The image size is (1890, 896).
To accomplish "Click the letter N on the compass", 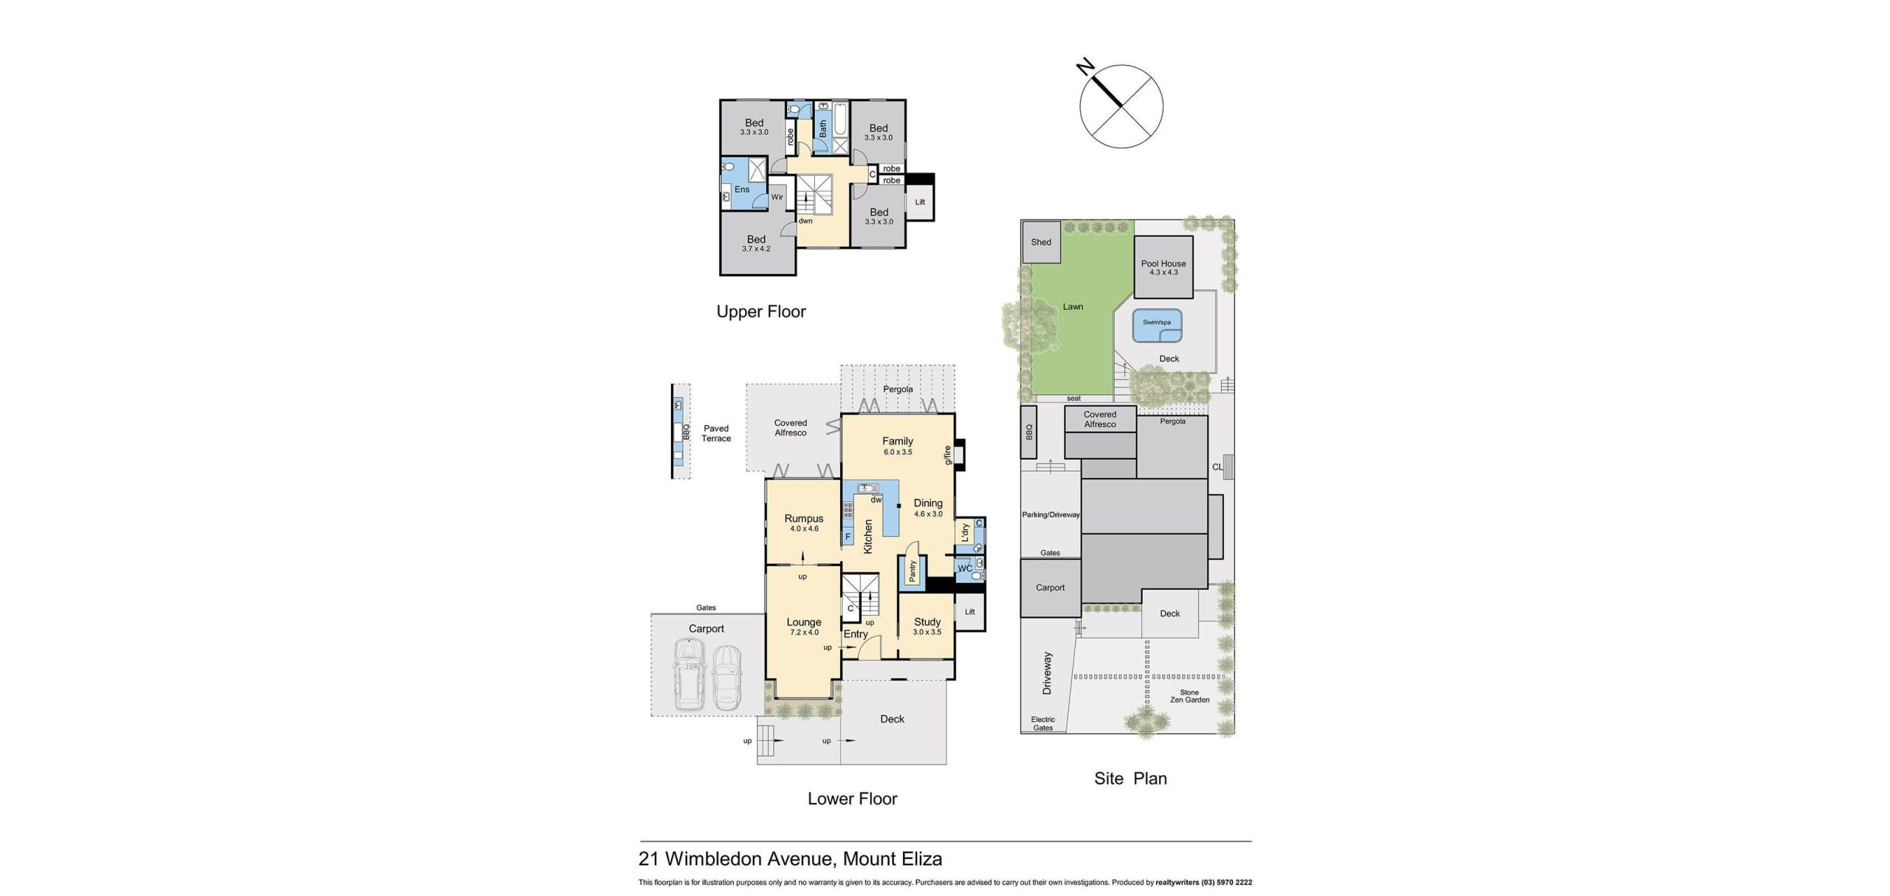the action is click(x=1085, y=69).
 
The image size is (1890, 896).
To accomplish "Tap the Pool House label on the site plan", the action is click(x=1164, y=263).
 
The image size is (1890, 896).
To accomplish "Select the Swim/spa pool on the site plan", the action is click(x=1157, y=325).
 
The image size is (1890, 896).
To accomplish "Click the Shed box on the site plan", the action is click(x=1041, y=241).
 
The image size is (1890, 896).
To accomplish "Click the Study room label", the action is click(x=927, y=622).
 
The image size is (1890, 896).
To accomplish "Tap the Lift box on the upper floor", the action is click(x=920, y=202).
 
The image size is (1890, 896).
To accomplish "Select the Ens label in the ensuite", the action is click(x=742, y=190).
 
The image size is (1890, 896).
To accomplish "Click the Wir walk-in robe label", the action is click(x=777, y=197).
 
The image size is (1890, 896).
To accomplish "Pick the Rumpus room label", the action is click(x=803, y=519).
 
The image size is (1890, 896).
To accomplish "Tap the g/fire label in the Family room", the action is click(x=948, y=455).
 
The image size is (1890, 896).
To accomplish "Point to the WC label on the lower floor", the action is click(x=965, y=568).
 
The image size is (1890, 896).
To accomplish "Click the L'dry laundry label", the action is click(x=965, y=533).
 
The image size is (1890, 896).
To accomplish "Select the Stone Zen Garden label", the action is click(x=1189, y=696).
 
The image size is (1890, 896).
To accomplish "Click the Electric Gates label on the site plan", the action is click(x=1043, y=723).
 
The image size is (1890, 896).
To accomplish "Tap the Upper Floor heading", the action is click(x=761, y=311).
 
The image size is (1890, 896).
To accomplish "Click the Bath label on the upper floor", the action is click(x=823, y=129).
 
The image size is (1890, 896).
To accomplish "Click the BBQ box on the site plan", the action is click(x=1030, y=432).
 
